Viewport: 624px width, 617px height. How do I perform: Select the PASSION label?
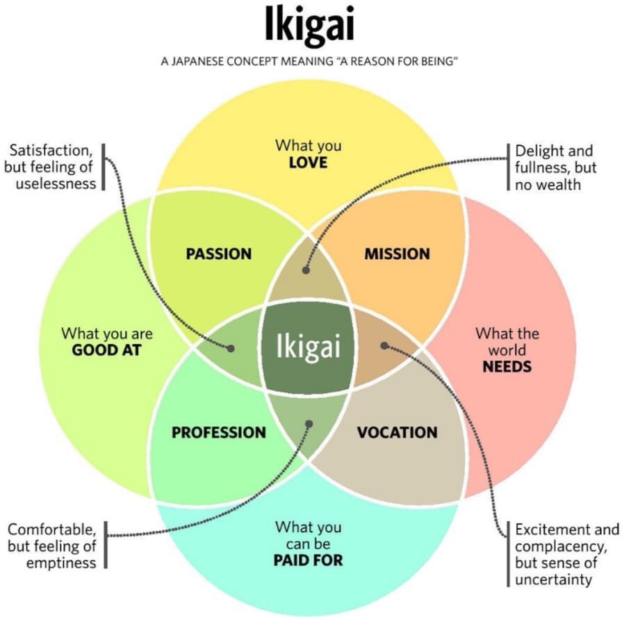[x=218, y=254]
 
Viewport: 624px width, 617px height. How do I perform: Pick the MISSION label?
[x=397, y=254]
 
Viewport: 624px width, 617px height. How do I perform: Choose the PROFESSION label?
[x=218, y=432]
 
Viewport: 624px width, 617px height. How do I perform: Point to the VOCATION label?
[x=397, y=432]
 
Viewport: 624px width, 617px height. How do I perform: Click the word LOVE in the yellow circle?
[x=308, y=164]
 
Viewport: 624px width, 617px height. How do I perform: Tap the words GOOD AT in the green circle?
[x=106, y=349]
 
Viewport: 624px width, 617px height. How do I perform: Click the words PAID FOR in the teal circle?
[x=308, y=559]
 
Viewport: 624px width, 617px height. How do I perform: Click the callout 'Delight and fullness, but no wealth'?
[x=555, y=167]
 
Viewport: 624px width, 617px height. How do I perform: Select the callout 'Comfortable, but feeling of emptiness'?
[x=52, y=545]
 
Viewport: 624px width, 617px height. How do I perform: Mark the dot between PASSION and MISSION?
[x=306, y=270]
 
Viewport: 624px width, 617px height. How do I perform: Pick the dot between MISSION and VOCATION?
[x=384, y=345]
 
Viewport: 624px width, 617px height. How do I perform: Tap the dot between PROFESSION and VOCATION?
[x=309, y=422]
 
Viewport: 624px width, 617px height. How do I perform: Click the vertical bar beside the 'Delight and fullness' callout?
[x=508, y=167]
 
